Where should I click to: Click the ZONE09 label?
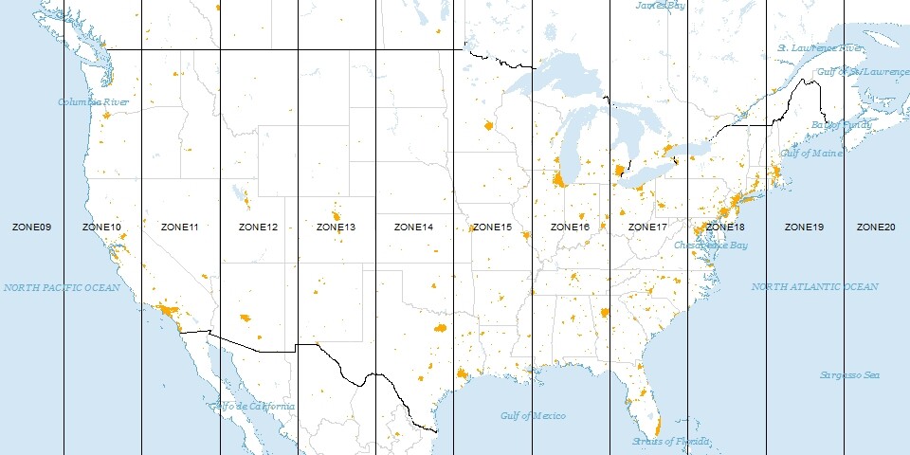coord(31,227)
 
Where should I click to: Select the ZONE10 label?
coord(101,227)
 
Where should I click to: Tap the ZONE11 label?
coord(180,227)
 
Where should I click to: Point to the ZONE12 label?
coord(258,227)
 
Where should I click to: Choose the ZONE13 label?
coord(336,227)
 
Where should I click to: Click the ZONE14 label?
coord(413,227)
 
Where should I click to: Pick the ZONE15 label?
coord(492,227)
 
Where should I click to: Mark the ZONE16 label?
coord(570,227)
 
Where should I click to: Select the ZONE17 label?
coord(647,227)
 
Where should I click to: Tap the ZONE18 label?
coord(725,227)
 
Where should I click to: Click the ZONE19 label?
coord(804,227)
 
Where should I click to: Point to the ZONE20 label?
coord(875,227)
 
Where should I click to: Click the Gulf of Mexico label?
coord(533,416)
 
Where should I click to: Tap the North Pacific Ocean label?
coord(62,287)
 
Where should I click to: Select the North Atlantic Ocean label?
coord(814,286)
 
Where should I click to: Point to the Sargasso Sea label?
coord(849,375)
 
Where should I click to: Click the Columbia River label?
coord(93,102)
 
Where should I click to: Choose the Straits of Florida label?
coord(670,442)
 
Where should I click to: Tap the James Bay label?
coord(660,5)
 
